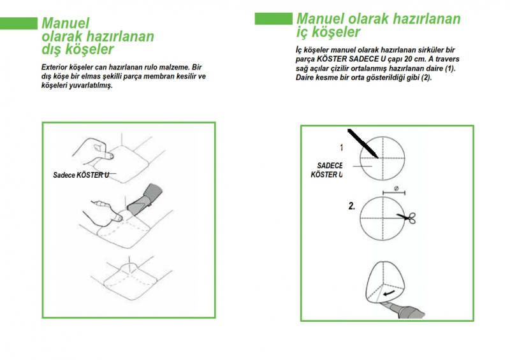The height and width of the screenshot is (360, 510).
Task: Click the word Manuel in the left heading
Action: click(65, 22)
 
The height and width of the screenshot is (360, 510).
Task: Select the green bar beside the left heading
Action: click(18, 24)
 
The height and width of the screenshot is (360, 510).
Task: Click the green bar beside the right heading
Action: click(273, 18)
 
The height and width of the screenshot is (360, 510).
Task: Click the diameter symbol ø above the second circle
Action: click(397, 189)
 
